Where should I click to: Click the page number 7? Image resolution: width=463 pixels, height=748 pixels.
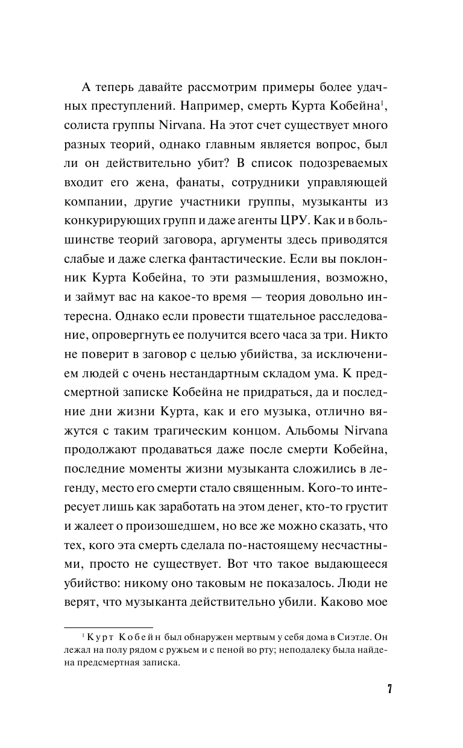coord(390,689)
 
